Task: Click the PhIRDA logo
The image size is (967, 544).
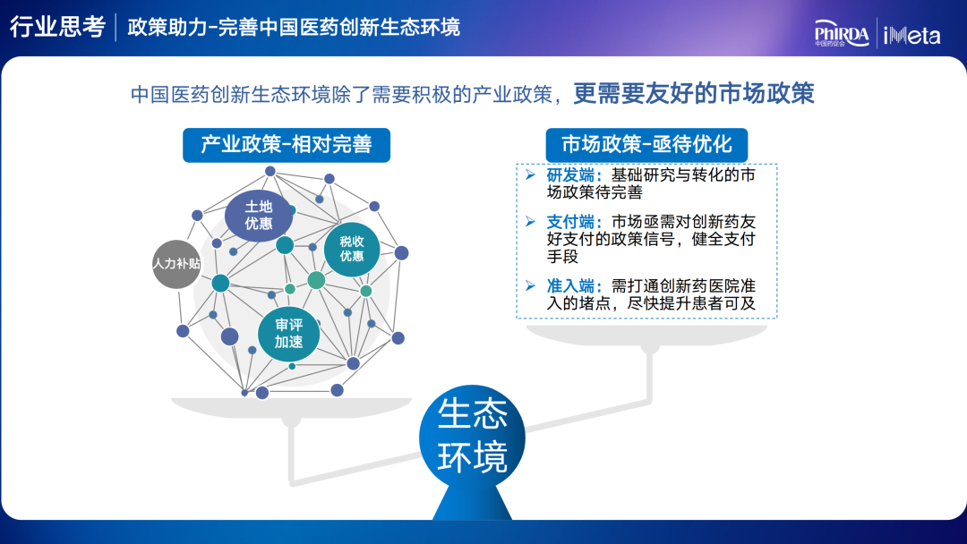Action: tap(842, 33)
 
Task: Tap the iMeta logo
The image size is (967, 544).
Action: tap(911, 35)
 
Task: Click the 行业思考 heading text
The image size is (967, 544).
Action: tap(57, 27)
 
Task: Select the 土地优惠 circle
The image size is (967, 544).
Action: tap(259, 215)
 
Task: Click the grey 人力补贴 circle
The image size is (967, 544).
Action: tap(176, 264)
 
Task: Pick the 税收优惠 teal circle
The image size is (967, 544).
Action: tap(352, 249)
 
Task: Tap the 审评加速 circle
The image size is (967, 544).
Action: tap(288, 334)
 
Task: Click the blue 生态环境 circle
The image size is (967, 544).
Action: tap(472, 437)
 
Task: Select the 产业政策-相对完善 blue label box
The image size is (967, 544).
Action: tap(287, 145)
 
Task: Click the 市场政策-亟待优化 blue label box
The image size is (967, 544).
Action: tap(646, 145)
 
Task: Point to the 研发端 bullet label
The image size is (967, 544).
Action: tap(574, 175)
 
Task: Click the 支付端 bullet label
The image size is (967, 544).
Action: tap(574, 222)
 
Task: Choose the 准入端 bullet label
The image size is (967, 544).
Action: tap(574, 285)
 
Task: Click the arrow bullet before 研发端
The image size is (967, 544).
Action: tap(530, 175)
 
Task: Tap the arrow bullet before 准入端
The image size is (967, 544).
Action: tap(530, 285)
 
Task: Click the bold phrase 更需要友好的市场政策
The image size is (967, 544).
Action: tap(694, 94)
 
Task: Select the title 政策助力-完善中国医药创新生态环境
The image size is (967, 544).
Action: tap(294, 28)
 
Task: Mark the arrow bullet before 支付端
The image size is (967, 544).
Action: tap(530, 221)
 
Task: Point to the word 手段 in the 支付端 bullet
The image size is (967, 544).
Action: tap(562, 256)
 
